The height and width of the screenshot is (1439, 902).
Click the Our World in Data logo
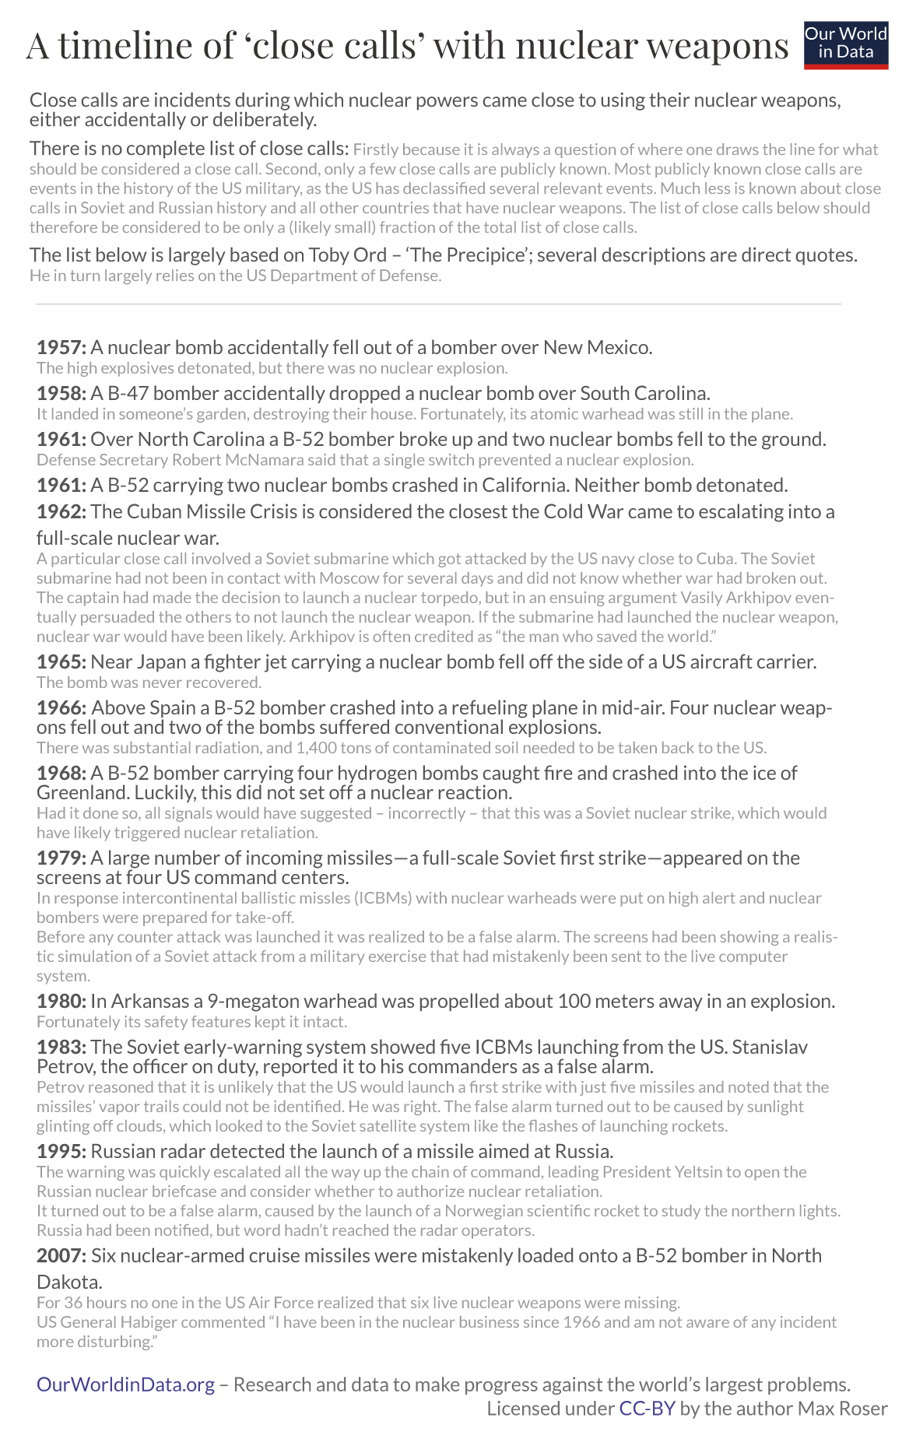coord(845,44)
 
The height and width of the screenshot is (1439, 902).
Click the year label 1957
coord(61,347)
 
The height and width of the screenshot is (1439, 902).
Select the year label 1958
coord(61,393)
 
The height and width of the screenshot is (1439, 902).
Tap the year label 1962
coord(61,511)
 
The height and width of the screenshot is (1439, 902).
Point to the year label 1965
coord(61,662)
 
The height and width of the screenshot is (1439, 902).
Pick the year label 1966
coord(61,708)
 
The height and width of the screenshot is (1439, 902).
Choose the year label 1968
coord(61,773)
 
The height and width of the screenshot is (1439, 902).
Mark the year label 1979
coord(61,858)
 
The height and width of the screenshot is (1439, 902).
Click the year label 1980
coord(61,1001)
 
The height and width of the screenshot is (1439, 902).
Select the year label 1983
coord(61,1047)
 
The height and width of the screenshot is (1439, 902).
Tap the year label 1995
coord(61,1151)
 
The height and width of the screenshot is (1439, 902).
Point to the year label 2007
coord(61,1255)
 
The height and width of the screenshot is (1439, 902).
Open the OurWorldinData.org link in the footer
coord(125,1385)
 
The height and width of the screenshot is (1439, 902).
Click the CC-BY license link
coord(647,1409)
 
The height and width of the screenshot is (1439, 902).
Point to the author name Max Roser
coord(845,1409)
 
